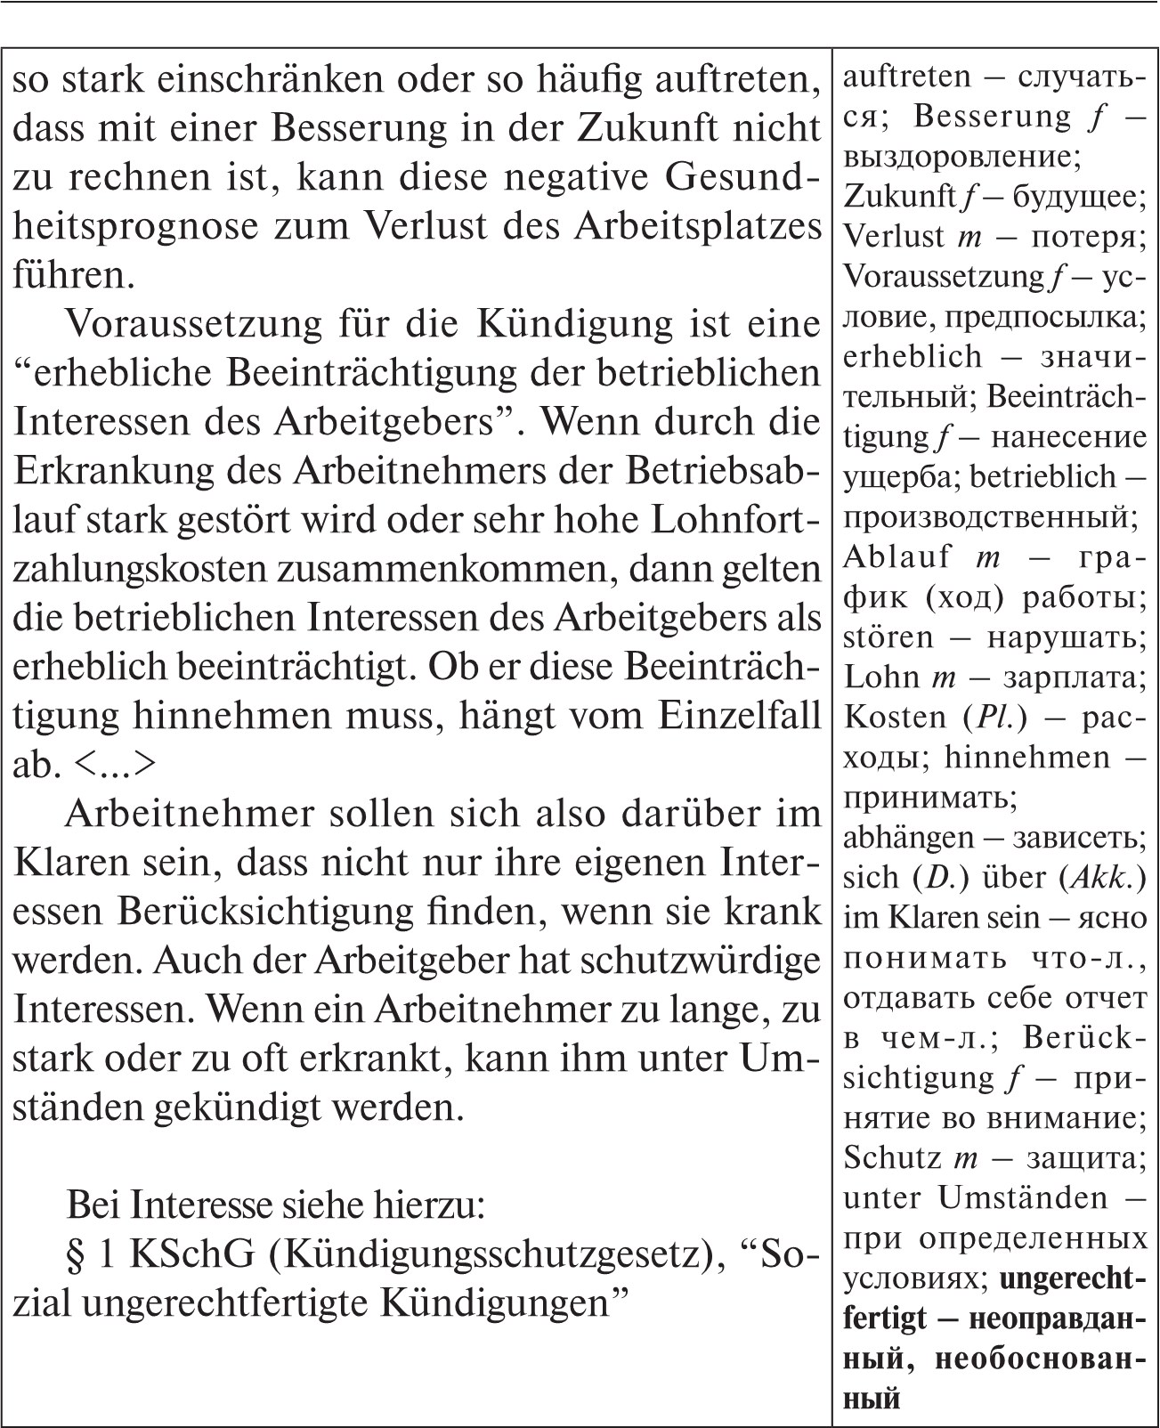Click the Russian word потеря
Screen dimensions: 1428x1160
pos(1090,237)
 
